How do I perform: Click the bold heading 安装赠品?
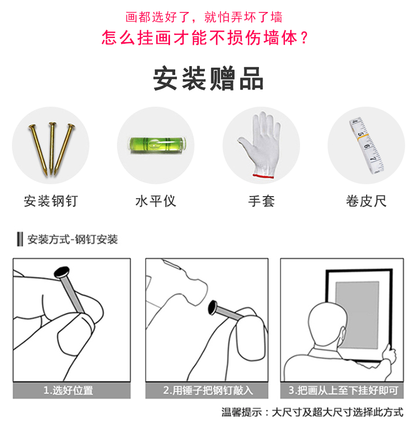point(208,79)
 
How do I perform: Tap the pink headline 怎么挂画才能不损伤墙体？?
point(205,37)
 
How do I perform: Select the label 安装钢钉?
point(51,201)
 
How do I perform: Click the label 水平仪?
point(156,201)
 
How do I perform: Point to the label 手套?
point(261,201)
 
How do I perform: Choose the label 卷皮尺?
point(366,201)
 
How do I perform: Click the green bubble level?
point(157,145)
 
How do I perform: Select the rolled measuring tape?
point(367,146)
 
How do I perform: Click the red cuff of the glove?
point(263,176)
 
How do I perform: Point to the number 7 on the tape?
point(373,159)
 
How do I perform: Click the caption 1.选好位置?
point(69,390)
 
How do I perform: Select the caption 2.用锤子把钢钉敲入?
point(208,390)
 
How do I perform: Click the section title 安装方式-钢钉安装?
point(72,239)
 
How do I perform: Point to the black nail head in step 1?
point(62,272)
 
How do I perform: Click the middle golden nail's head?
point(53,124)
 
